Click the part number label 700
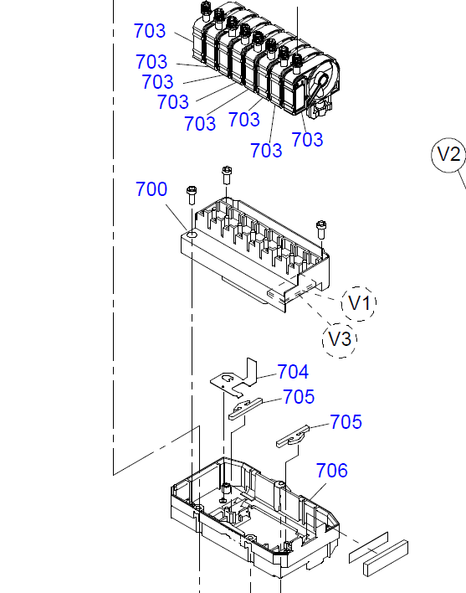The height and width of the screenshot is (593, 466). point(151,190)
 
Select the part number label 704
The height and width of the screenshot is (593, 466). point(293,372)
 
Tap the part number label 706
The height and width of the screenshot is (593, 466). point(331,472)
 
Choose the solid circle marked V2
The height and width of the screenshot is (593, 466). point(449,155)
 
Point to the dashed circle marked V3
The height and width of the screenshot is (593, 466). point(340,340)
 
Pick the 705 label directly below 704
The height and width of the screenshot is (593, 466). point(299,397)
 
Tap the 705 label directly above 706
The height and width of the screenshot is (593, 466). point(346,422)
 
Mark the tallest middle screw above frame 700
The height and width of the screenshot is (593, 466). point(227,174)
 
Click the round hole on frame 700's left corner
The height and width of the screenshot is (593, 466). point(192,238)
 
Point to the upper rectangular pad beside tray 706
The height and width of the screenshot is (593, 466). point(369,545)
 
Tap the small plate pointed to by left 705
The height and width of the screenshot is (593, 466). point(245,407)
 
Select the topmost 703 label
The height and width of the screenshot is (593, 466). point(150,32)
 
